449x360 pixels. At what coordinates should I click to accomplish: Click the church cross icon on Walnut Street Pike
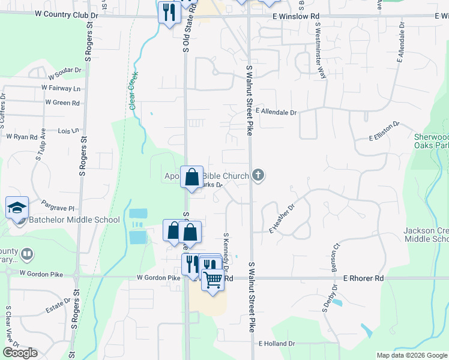coord(258,175)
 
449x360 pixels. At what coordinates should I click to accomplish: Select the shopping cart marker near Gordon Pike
coord(212,279)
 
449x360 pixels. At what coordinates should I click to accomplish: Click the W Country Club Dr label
coord(67,13)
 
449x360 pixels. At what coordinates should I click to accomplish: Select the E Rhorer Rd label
coord(363,278)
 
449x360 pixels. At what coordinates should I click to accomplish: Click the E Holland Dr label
coord(277,344)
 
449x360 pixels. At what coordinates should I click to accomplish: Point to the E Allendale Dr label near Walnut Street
coord(276,112)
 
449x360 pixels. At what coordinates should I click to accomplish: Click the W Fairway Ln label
coord(61,88)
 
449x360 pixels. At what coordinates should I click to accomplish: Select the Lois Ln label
coord(68,130)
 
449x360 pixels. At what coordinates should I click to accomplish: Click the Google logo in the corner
coord(20,353)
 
